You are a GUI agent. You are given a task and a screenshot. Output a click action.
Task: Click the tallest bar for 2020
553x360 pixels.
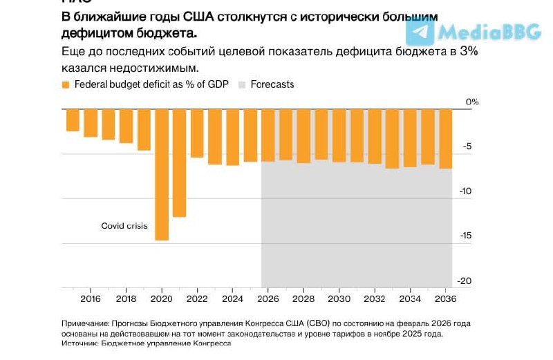[x=162, y=174]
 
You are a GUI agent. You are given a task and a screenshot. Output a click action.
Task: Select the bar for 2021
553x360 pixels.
[x=180, y=162]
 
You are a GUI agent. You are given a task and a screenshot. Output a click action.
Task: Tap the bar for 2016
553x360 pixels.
[x=91, y=122]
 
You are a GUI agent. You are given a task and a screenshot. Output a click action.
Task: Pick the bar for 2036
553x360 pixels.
[x=446, y=138]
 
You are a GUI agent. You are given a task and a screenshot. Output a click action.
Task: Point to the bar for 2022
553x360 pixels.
[x=197, y=133]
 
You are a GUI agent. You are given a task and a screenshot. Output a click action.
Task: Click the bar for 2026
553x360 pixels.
[x=268, y=135]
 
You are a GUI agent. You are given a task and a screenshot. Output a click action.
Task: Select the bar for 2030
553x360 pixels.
[x=339, y=135]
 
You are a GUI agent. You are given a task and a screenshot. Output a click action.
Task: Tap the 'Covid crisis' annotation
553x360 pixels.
[x=124, y=226]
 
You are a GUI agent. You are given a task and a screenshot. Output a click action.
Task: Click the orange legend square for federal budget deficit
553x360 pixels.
[x=66, y=85]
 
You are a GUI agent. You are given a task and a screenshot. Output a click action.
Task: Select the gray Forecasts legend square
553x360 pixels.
[x=242, y=85]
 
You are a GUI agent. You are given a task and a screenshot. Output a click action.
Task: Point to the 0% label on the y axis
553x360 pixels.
[x=471, y=102]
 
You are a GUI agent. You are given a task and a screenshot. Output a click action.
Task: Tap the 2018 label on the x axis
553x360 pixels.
[x=126, y=299]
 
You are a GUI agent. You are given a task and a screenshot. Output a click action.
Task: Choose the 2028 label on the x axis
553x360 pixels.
[x=303, y=299]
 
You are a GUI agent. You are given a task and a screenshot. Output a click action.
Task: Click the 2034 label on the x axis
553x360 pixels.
[x=410, y=299]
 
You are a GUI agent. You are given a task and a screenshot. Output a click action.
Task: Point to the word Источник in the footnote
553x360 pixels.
[x=80, y=343]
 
